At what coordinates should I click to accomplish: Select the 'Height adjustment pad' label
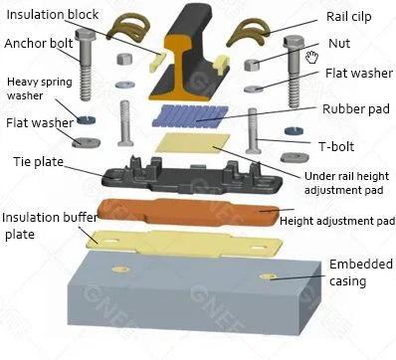point(339,220)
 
